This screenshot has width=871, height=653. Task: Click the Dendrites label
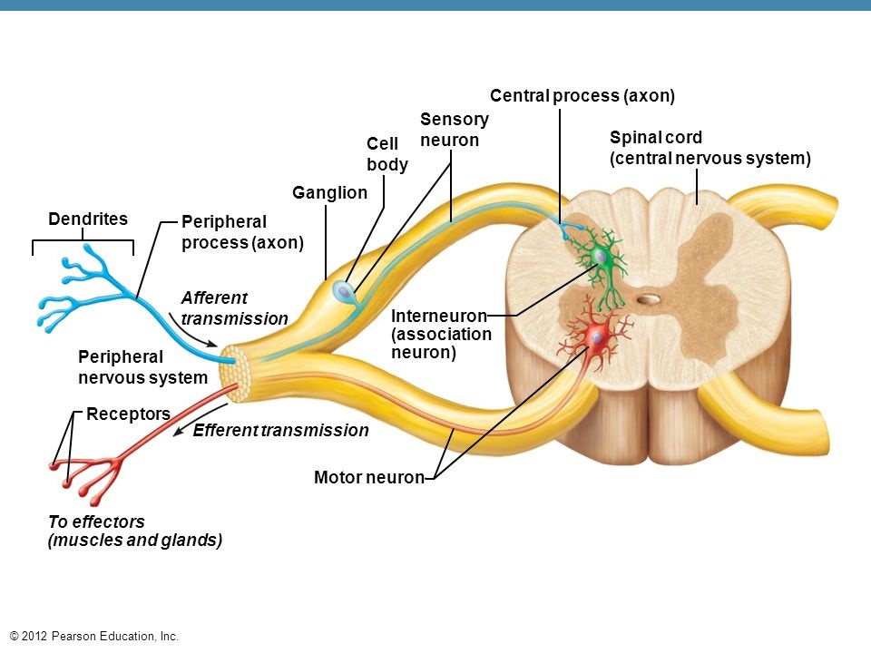(88, 219)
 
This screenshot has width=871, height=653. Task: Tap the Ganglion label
(329, 192)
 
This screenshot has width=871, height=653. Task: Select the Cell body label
(387, 154)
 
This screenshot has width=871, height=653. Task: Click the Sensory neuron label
(455, 130)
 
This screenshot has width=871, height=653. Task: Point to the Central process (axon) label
(582, 95)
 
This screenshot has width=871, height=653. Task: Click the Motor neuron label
(369, 478)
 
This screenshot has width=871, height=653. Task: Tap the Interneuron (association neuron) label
(441, 335)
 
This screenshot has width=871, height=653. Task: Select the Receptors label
(128, 414)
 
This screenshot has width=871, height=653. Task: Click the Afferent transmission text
(234, 308)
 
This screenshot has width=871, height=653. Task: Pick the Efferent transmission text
(280, 430)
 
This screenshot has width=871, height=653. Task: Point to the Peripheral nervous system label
(142, 367)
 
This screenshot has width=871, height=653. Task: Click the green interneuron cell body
(600, 256)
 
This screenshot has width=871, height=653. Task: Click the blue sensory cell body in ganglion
(343, 291)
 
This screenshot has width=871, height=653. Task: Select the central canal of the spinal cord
(648, 300)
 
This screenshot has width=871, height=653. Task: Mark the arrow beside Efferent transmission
(200, 419)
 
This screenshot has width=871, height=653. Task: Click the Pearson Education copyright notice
(94, 637)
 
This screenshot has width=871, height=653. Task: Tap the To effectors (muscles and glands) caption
(135, 531)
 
